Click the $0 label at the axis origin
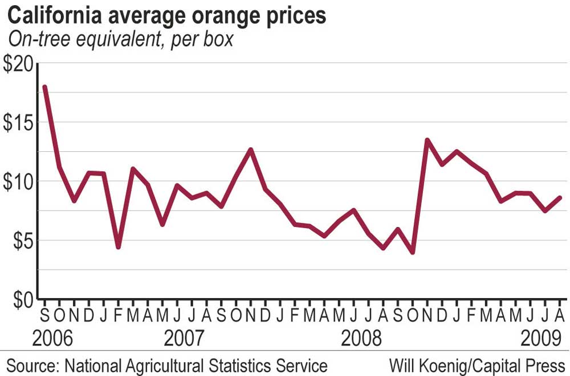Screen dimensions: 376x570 [21, 299]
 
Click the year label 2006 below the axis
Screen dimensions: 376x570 [53, 340]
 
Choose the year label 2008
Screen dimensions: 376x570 [361, 340]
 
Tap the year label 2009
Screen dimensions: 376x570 [539, 340]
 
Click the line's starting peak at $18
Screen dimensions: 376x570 [44, 87]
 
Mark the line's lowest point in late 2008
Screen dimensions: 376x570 [412, 253]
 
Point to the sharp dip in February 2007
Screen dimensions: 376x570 [118, 247]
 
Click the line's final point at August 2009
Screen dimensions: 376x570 [560, 197]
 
